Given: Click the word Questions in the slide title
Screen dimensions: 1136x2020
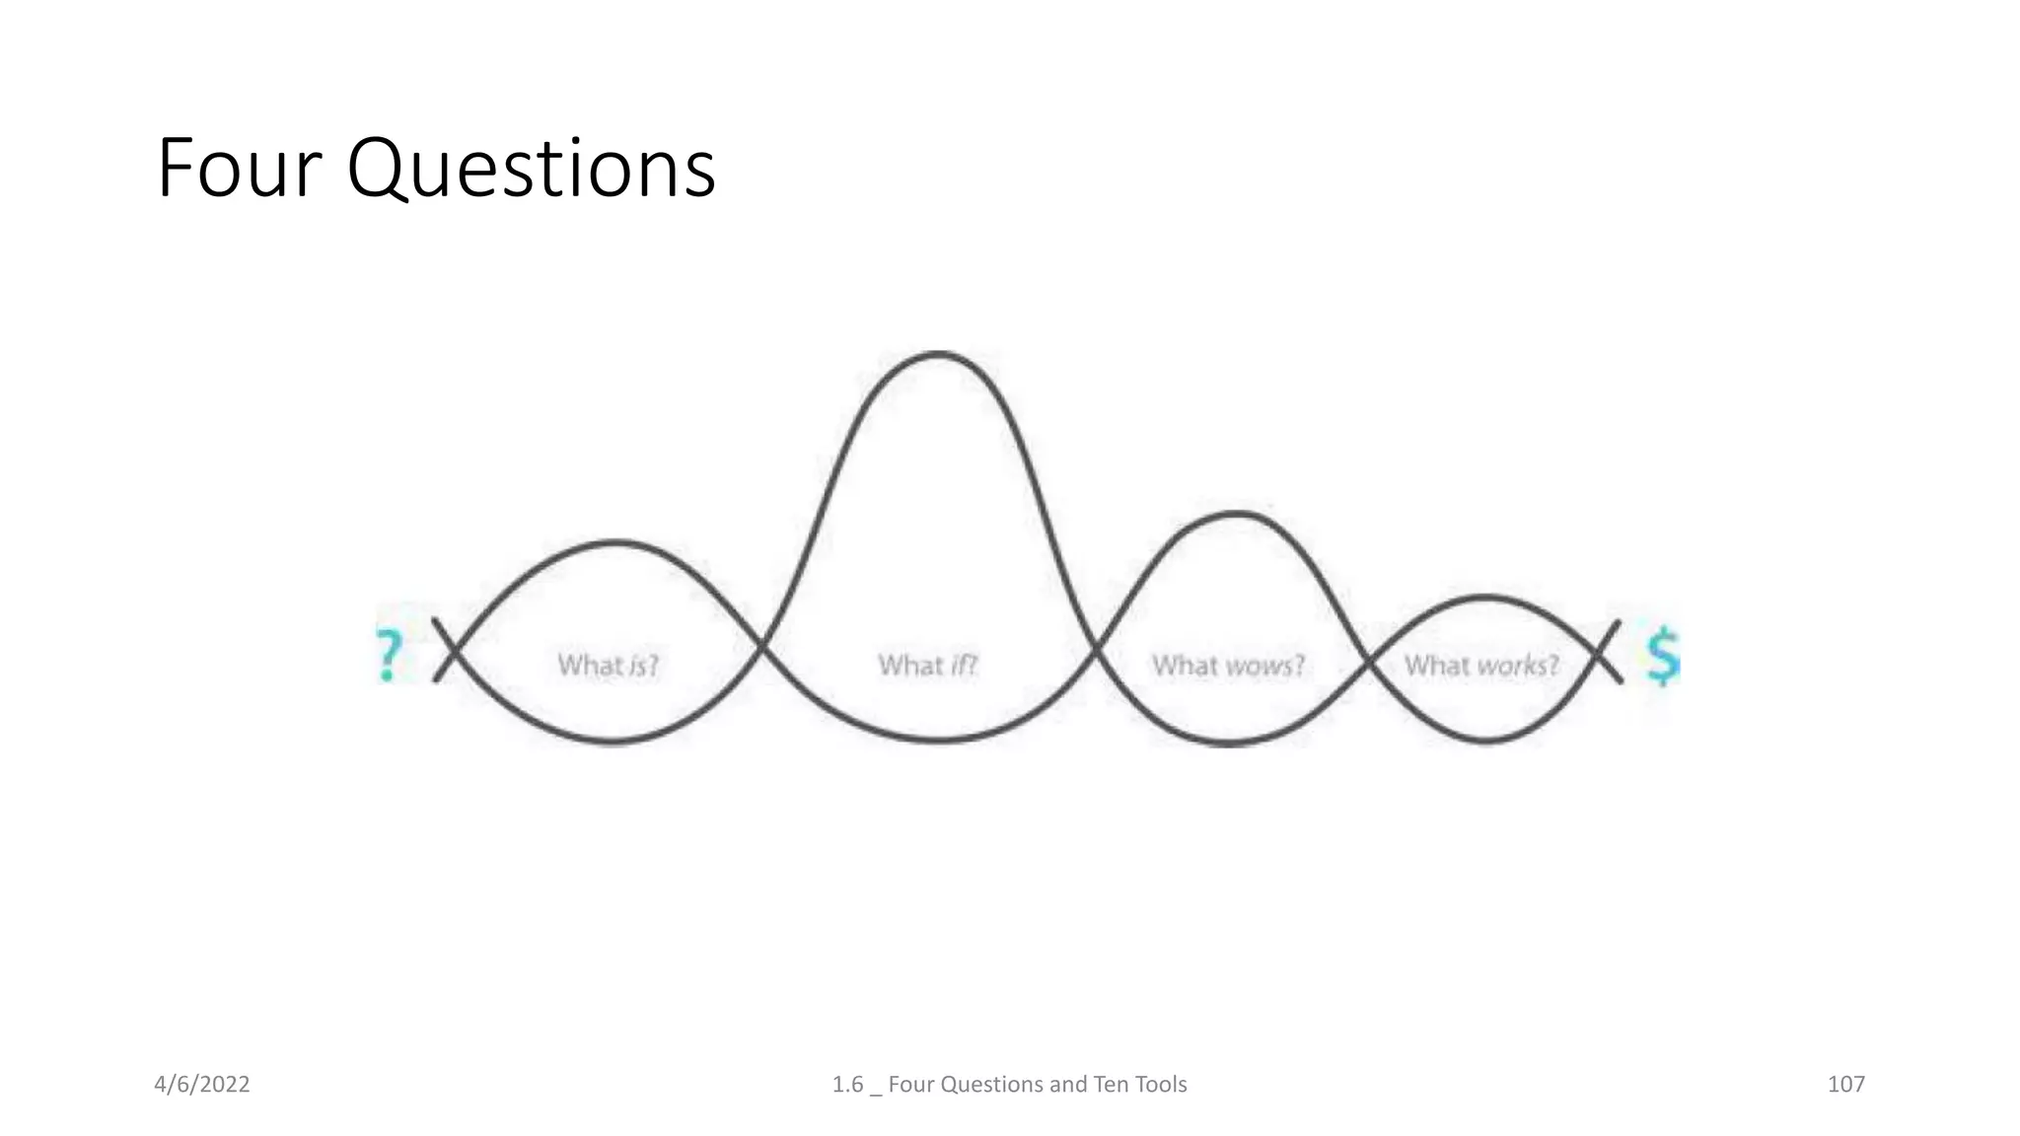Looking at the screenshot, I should point(531,171).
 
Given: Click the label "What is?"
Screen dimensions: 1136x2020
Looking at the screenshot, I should point(608,666).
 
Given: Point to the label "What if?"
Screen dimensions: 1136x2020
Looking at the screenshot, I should point(927,666).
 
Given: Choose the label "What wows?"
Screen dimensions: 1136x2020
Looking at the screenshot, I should point(1228,666).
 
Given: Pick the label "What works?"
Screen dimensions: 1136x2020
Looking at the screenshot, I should point(1481,666).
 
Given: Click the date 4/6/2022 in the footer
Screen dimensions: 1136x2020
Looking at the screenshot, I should point(202,1085).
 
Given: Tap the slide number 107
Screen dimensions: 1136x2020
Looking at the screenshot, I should point(1845,1085).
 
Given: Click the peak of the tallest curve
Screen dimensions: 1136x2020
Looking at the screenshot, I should point(938,353).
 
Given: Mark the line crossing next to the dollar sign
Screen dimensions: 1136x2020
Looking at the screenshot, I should point(1604,652).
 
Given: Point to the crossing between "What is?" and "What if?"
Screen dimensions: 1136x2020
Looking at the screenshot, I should point(761,647).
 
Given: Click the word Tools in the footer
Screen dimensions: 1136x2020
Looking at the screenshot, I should point(1161,1085).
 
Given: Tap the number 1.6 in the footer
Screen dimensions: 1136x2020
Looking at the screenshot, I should point(847,1085).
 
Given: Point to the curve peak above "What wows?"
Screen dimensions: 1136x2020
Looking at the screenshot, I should point(1235,513).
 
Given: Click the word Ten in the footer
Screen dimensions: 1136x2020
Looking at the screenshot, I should point(1111,1085).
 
